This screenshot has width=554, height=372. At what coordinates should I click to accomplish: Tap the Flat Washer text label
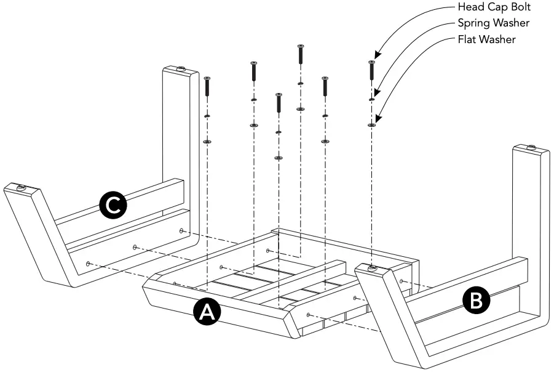click(x=486, y=39)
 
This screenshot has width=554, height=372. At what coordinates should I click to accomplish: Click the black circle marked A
click(x=207, y=312)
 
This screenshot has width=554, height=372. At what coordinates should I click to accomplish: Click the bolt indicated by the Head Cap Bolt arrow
click(x=371, y=70)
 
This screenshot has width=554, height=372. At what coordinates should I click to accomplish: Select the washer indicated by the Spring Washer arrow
click(x=371, y=99)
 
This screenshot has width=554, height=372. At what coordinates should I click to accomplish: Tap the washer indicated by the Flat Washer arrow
click(x=371, y=125)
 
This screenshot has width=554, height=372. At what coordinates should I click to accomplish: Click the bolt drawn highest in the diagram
click(x=300, y=54)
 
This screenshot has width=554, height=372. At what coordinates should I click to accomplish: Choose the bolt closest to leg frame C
click(x=207, y=86)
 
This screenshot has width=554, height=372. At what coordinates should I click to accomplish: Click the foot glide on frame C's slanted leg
click(x=21, y=187)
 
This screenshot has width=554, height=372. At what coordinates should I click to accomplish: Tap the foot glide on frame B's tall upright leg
click(x=531, y=148)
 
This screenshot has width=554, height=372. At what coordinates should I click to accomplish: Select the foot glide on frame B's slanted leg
click(x=372, y=269)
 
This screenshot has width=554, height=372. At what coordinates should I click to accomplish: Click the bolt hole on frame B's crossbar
click(x=402, y=281)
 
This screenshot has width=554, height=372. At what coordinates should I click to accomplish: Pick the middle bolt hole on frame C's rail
click(x=135, y=247)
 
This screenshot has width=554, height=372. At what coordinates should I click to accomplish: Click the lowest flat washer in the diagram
click(x=278, y=158)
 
